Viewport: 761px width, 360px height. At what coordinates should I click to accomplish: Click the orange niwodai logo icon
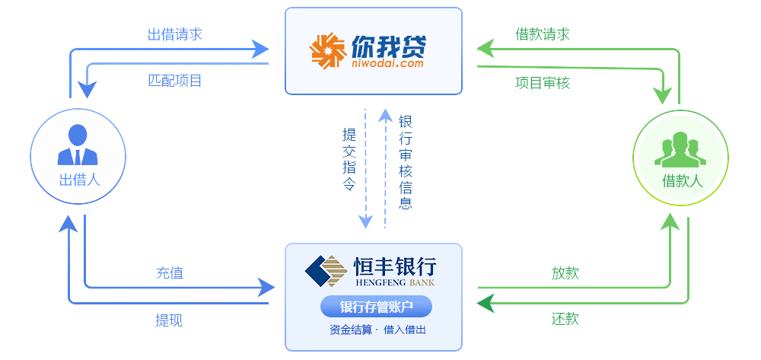(328, 51)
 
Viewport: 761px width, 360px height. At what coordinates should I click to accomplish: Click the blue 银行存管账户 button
(376, 307)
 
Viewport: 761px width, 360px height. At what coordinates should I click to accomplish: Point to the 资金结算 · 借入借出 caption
(377, 330)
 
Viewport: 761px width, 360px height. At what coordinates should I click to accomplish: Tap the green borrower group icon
(680, 150)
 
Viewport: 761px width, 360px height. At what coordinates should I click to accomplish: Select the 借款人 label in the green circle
(682, 180)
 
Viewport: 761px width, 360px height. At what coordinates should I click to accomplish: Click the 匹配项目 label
(175, 80)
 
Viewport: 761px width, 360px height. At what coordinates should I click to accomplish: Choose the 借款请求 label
(543, 33)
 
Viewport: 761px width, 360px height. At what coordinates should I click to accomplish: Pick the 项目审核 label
(543, 82)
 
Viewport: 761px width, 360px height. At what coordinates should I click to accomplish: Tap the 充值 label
(169, 272)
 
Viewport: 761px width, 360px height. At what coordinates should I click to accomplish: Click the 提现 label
(169, 320)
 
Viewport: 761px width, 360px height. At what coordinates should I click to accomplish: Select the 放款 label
(565, 272)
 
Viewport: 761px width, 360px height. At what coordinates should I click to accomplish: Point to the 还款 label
(565, 319)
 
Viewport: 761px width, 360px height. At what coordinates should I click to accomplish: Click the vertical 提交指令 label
(349, 158)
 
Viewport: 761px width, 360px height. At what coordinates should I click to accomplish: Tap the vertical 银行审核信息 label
(406, 161)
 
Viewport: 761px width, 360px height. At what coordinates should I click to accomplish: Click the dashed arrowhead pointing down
(366, 221)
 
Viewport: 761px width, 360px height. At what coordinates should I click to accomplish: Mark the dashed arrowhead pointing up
(386, 115)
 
